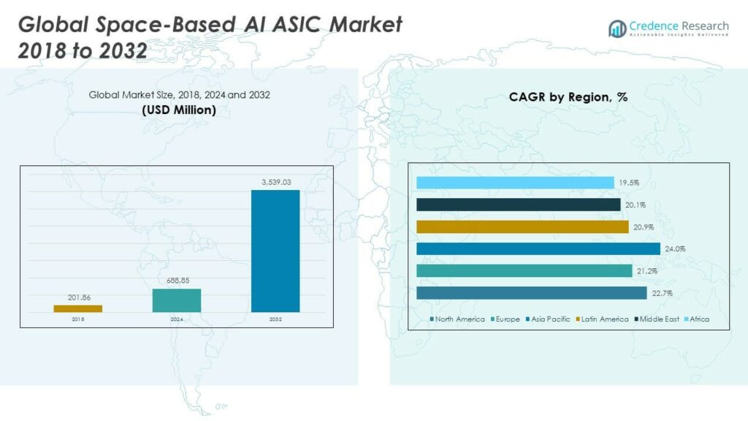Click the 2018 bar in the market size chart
(77, 308)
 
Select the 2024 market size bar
(176, 300)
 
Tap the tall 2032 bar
(275, 251)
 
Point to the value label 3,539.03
(275, 182)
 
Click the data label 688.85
(176, 281)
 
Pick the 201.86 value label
(77, 297)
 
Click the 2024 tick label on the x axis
(176, 319)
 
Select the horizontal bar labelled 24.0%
(538, 249)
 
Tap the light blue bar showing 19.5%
(515, 183)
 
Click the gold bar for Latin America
(522, 227)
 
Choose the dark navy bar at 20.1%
(518, 205)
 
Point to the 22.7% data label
(662, 293)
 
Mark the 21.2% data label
(647, 271)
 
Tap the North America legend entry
(459, 319)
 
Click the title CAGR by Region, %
(568, 96)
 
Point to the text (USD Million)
(178, 110)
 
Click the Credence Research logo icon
(617, 28)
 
